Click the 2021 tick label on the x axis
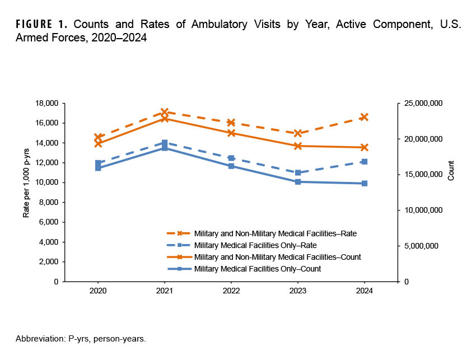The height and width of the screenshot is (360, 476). (x=164, y=291)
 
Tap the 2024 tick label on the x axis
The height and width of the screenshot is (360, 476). (x=365, y=291)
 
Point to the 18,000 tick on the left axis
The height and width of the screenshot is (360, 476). (x=46, y=104)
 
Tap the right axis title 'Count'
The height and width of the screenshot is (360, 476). (x=451, y=170)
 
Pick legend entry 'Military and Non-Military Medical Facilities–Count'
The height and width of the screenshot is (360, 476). (x=277, y=257)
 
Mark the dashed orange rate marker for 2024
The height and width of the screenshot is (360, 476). (x=365, y=117)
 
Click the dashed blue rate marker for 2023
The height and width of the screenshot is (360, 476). (x=298, y=172)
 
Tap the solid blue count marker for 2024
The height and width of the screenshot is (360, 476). (x=365, y=183)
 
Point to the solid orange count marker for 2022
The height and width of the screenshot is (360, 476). (x=231, y=133)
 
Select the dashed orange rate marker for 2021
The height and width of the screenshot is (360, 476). (x=164, y=113)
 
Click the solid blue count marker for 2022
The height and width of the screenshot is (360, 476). (x=231, y=166)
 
